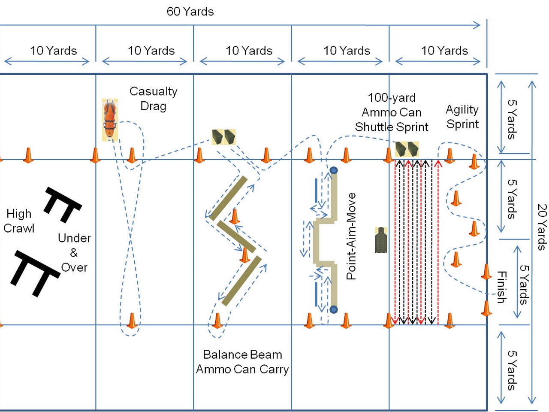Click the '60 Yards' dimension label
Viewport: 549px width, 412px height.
coord(190,12)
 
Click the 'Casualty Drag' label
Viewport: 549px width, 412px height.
coord(153,98)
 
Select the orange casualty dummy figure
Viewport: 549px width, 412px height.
coord(110,120)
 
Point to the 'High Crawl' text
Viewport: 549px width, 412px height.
coord(19,221)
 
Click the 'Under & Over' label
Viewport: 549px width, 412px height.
coord(74,253)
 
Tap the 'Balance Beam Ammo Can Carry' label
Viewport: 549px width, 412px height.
coord(242,362)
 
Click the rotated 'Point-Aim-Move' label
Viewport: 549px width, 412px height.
coord(351,236)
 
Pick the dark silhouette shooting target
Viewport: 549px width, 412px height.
coord(380,240)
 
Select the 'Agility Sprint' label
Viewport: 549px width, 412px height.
coord(462,117)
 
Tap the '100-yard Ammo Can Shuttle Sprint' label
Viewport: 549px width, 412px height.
coord(391,112)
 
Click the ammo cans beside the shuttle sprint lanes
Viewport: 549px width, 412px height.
coord(407,149)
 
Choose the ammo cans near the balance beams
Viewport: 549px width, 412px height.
coord(224,137)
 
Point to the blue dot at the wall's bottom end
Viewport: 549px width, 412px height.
coord(334,309)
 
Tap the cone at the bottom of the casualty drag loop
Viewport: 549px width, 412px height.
coord(132,321)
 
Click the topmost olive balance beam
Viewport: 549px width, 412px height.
coord(228,198)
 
